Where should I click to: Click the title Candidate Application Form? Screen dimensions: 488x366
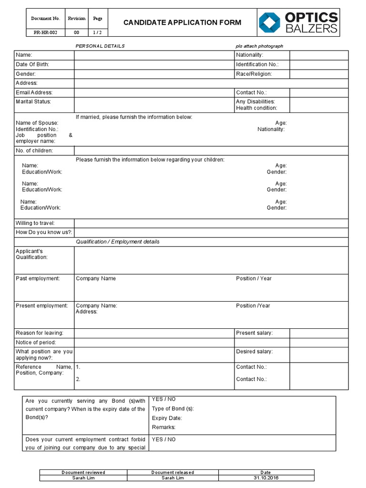coord(183,22)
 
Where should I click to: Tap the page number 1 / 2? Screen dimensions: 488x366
coord(98,32)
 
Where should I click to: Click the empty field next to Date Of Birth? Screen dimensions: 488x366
coord(154,64)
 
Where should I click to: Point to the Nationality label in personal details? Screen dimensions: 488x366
coord(249,55)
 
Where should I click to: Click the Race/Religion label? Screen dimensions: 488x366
coord(254,74)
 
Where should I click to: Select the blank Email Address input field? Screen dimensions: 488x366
coord(154,92)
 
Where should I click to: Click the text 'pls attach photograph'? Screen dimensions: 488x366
coord(259,46)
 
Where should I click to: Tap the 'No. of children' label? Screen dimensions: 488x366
coord(34,151)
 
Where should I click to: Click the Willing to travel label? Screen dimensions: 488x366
coord(35,223)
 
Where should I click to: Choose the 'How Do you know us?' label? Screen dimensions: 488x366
coord(44,232)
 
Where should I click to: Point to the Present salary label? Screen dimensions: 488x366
coord(254,333)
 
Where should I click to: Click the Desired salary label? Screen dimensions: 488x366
coord(254,352)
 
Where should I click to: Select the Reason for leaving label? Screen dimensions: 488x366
coord(40,333)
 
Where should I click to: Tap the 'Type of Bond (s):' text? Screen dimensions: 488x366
coord(173,408)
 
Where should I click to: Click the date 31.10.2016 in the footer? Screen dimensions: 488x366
coord(265,478)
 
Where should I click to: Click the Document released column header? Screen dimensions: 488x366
coord(173,472)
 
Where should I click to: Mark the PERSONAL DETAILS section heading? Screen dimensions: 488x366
coord(100,46)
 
